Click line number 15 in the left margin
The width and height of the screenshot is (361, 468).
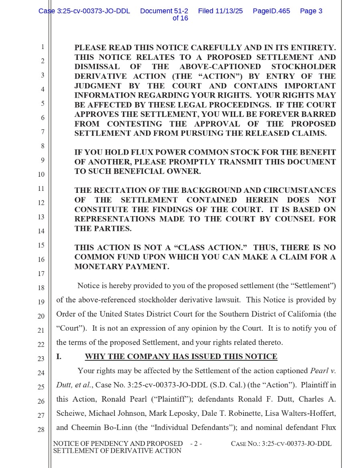[x=41, y=245]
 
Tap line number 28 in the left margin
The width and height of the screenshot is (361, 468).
[x=41, y=430]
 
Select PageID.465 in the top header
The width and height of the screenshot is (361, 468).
[x=271, y=11]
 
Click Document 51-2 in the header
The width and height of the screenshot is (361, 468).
[x=164, y=11]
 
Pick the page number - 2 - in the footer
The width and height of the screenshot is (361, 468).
[x=196, y=444]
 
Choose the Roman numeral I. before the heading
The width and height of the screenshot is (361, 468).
[x=59, y=357]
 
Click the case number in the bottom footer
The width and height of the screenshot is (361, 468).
[x=281, y=444]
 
